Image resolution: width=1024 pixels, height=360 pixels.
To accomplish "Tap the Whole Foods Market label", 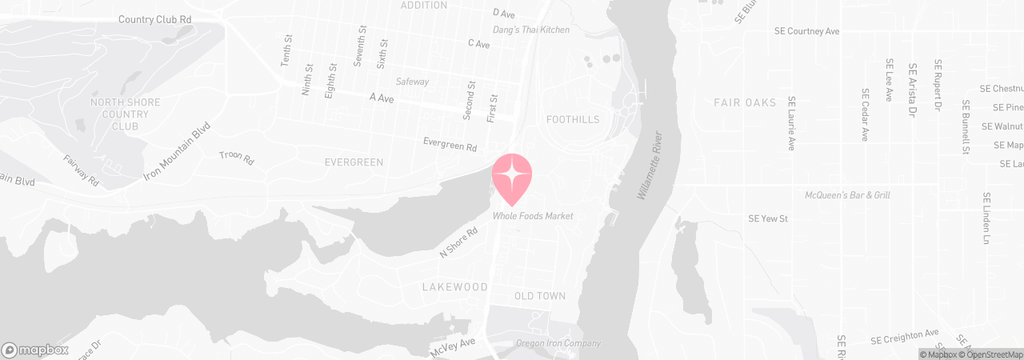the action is click(533, 216).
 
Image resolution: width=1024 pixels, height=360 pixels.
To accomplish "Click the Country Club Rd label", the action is click(154, 19).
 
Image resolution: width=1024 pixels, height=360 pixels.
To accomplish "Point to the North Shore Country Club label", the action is click(126, 114).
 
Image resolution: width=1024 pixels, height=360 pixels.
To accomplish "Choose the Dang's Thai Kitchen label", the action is click(531, 30).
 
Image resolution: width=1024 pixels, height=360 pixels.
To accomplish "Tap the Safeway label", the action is click(413, 82).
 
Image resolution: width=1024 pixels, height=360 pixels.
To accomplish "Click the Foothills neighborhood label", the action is click(572, 120).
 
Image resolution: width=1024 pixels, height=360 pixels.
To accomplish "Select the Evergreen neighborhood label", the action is click(354, 162).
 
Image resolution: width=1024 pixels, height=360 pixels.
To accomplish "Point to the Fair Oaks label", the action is click(745, 103).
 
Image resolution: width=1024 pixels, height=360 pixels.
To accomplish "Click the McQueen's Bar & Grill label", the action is click(847, 195).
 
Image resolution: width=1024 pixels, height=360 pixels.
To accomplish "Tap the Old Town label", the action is click(540, 296).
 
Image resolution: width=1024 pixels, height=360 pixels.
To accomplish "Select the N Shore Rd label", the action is click(458, 242).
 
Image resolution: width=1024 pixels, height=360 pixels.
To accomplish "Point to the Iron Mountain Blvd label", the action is click(177, 150).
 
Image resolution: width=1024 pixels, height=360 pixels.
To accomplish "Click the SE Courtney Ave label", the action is click(806, 31).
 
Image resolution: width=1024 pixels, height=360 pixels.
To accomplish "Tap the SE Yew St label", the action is click(768, 218).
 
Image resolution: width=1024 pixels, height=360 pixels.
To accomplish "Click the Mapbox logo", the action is click(35, 350).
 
